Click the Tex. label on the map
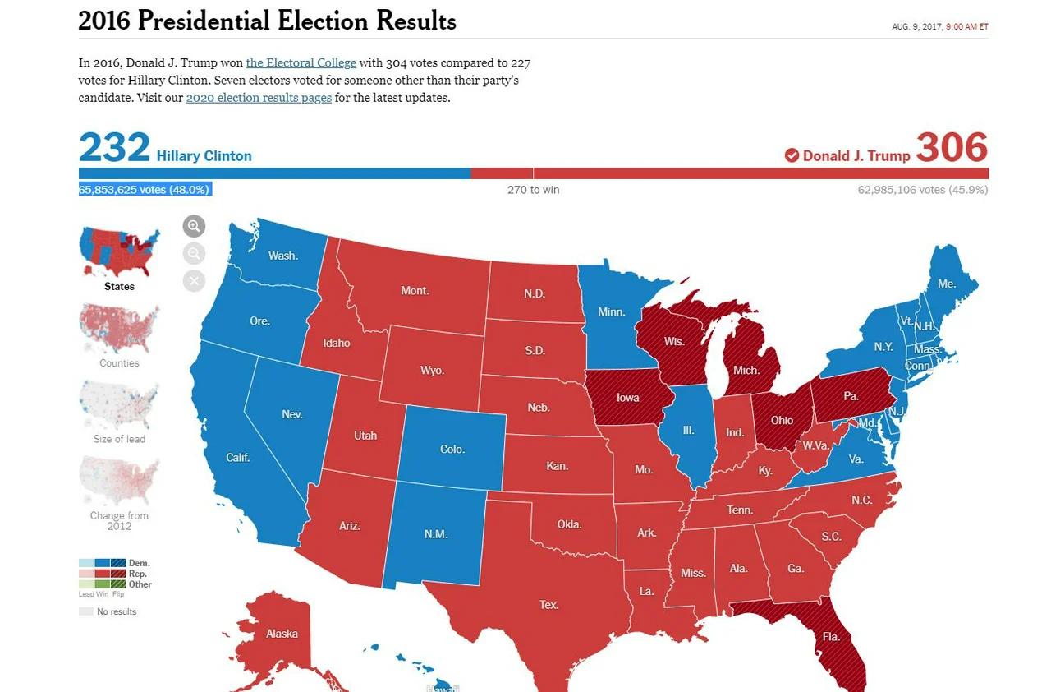coord(548,605)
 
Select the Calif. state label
coord(238,458)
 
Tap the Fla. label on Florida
coord(831,637)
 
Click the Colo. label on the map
coord(452,450)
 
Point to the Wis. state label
coord(673,341)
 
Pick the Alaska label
coord(282,634)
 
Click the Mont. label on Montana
coord(415,290)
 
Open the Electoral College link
coord(301,62)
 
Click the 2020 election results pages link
coord(259,97)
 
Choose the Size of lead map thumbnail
coord(119,406)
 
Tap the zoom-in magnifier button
coord(194,226)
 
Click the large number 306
coord(952,148)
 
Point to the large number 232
coord(114,148)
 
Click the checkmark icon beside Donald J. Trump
coord(792,155)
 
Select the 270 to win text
coord(533,190)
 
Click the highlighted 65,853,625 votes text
coord(145,189)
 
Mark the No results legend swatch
coord(86,611)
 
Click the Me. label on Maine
coord(947,284)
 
